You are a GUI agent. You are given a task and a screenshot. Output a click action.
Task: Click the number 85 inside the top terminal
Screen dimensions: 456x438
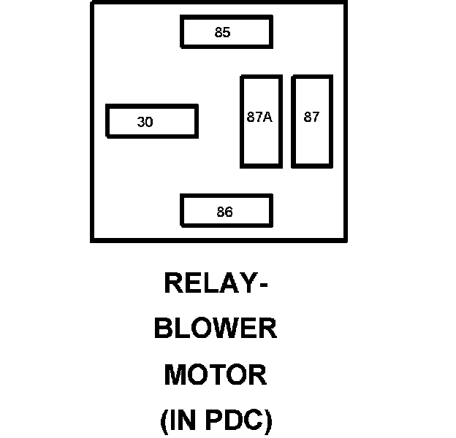222,32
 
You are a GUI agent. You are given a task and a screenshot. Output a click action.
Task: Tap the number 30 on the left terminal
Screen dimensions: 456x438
145,123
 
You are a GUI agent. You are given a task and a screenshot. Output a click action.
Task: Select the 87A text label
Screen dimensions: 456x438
259,117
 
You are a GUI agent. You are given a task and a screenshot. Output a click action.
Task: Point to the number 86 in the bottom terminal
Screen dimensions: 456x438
224,212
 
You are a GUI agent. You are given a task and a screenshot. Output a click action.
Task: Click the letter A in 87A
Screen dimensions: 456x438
267,117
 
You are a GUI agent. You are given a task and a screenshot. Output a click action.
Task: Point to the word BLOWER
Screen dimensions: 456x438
216,328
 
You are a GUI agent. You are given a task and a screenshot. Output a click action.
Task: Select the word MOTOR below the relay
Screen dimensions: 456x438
216,374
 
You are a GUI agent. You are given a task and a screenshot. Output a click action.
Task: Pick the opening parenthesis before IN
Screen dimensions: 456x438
165,421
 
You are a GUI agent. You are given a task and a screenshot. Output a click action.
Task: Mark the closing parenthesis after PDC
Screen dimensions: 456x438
268,421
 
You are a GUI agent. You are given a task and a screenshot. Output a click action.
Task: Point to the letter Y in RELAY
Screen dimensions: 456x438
248,283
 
